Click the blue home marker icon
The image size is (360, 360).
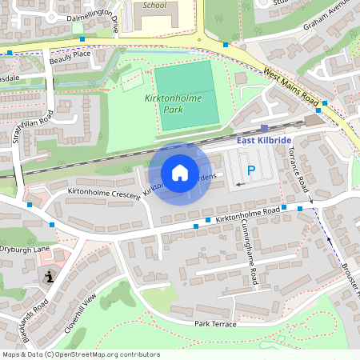click(x=180, y=173)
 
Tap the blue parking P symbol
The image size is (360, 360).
click(x=250, y=170)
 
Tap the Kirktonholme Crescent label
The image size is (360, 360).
click(x=104, y=194)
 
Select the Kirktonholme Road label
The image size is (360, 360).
click(x=247, y=212)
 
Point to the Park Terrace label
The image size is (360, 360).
click(x=214, y=323)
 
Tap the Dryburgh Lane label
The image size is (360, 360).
click(x=25, y=249)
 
